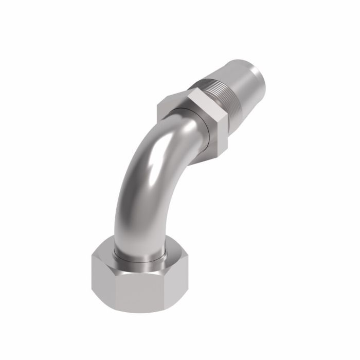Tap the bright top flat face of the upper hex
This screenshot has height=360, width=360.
pyautogui.click(x=201, y=100)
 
